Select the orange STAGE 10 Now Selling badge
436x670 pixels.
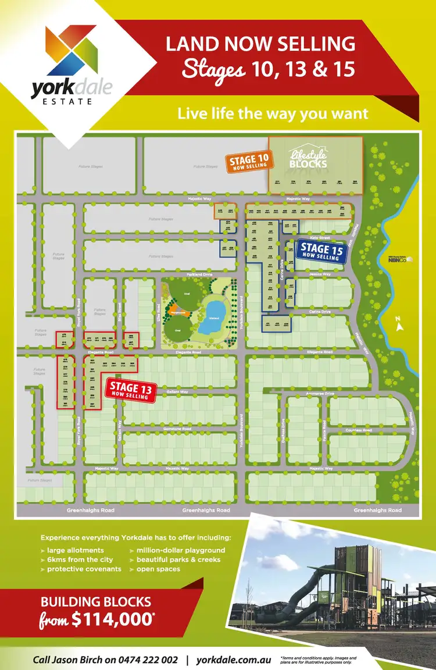(x=248, y=162)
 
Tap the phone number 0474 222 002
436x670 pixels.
(x=146, y=660)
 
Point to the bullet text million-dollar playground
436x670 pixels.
(x=180, y=550)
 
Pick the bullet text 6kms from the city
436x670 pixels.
(x=76, y=559)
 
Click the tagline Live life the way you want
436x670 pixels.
(x=273, y=113)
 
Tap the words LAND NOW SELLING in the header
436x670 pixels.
(x=260, y=44)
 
